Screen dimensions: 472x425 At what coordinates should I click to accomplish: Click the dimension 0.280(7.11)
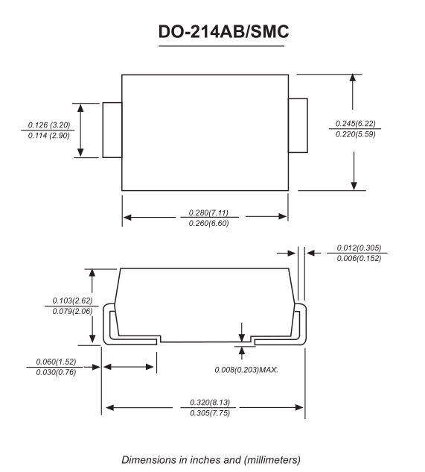(x=205, y=213)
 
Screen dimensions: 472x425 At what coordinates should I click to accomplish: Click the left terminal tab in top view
(x=112, y=130)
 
